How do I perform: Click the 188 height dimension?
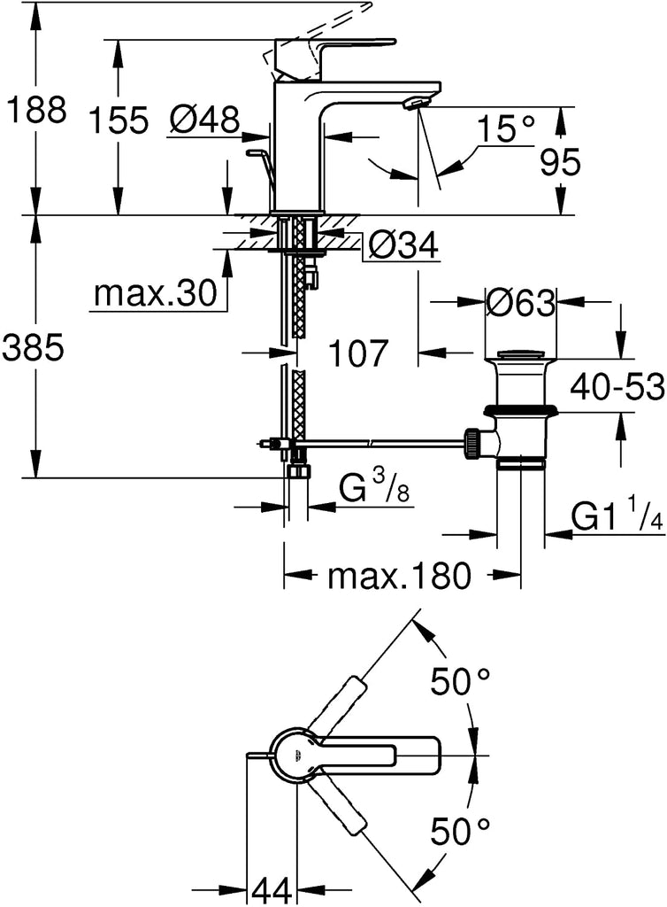pos(35,109)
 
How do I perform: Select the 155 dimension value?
pos(119,120)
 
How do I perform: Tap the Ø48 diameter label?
pos(204,120)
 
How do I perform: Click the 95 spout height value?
pos(560,163)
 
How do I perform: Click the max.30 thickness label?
pos(156,294)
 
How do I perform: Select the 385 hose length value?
pos(33,348)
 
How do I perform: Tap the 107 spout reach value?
pos(357,353)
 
